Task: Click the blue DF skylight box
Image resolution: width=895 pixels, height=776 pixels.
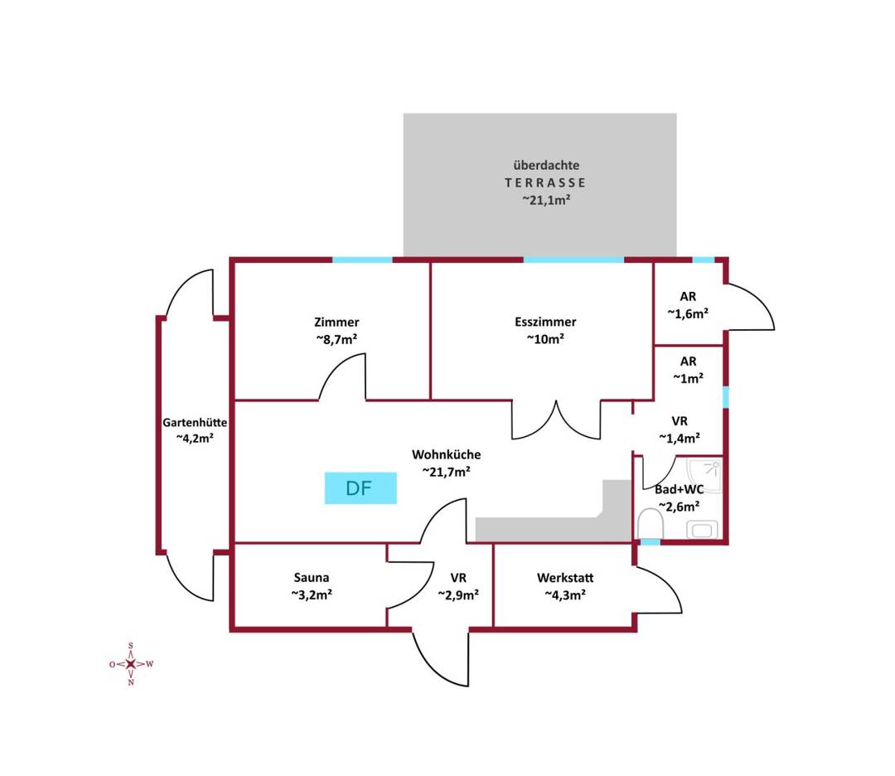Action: pos(360,488)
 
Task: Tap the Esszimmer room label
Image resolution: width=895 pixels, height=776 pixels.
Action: pos(545,322)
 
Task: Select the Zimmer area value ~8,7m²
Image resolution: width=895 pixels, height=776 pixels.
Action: pos(336,339)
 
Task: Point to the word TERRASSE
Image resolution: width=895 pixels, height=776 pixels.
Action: pos(545,182)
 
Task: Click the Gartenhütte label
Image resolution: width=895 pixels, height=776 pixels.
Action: pos(195,423)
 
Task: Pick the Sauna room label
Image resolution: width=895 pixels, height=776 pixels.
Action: pos(311,577)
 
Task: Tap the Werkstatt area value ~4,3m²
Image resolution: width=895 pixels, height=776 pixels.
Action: pos(565,595)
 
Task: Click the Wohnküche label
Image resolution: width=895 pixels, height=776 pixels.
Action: pos(447,454)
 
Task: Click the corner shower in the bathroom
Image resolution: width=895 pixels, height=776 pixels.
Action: pos(705,474)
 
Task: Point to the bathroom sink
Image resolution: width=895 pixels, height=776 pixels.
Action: pos(702,529)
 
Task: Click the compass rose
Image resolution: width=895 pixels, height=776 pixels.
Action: pos(131,664)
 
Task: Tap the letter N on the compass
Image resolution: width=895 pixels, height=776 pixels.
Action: pos(131,682)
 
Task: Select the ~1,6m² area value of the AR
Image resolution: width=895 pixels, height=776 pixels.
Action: pos(688,313)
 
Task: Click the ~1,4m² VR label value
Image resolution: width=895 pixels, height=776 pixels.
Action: pos(680,438)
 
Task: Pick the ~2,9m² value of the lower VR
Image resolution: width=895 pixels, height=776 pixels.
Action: pos(458,595)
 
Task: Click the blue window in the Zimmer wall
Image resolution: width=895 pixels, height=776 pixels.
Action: pos(362,259)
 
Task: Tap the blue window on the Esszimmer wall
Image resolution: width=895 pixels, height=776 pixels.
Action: pos(573,259)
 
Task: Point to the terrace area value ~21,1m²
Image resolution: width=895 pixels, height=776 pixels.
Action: pos(546,200)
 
